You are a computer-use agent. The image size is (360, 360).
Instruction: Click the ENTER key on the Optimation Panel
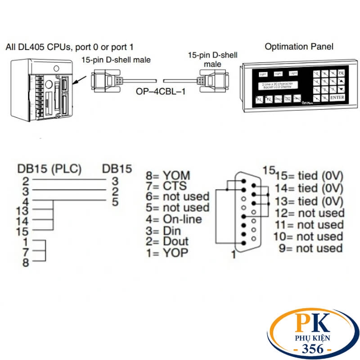(337, 97)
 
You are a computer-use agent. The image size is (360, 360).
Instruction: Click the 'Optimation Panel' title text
(299, 46)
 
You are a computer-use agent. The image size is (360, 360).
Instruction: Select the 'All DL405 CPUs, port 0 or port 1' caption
(70, 47)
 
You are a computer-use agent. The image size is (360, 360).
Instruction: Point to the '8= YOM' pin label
(168, 175)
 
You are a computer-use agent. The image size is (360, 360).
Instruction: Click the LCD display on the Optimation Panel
(276, 85)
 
